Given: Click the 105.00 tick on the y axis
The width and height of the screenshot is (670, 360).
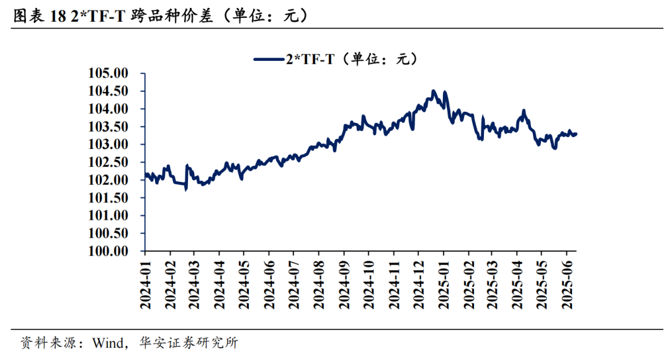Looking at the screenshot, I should tap(108, 73).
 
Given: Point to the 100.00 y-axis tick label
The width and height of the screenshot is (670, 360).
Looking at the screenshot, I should tap(108, 251).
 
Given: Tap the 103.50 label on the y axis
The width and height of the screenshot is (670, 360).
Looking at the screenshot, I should tap(108, 127).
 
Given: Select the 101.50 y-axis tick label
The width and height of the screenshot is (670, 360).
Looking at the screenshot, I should tap(108, 198).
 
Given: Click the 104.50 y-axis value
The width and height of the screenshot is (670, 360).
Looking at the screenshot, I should tap(108, 91).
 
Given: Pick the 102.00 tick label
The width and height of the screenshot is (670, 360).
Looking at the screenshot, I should tap(108, 180).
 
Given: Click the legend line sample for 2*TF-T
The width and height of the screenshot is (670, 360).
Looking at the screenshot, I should tap(268, 59).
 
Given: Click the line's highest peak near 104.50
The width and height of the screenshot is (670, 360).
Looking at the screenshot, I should tap(434, 91).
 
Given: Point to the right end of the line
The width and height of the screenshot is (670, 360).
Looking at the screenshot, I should tap(576, 133).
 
